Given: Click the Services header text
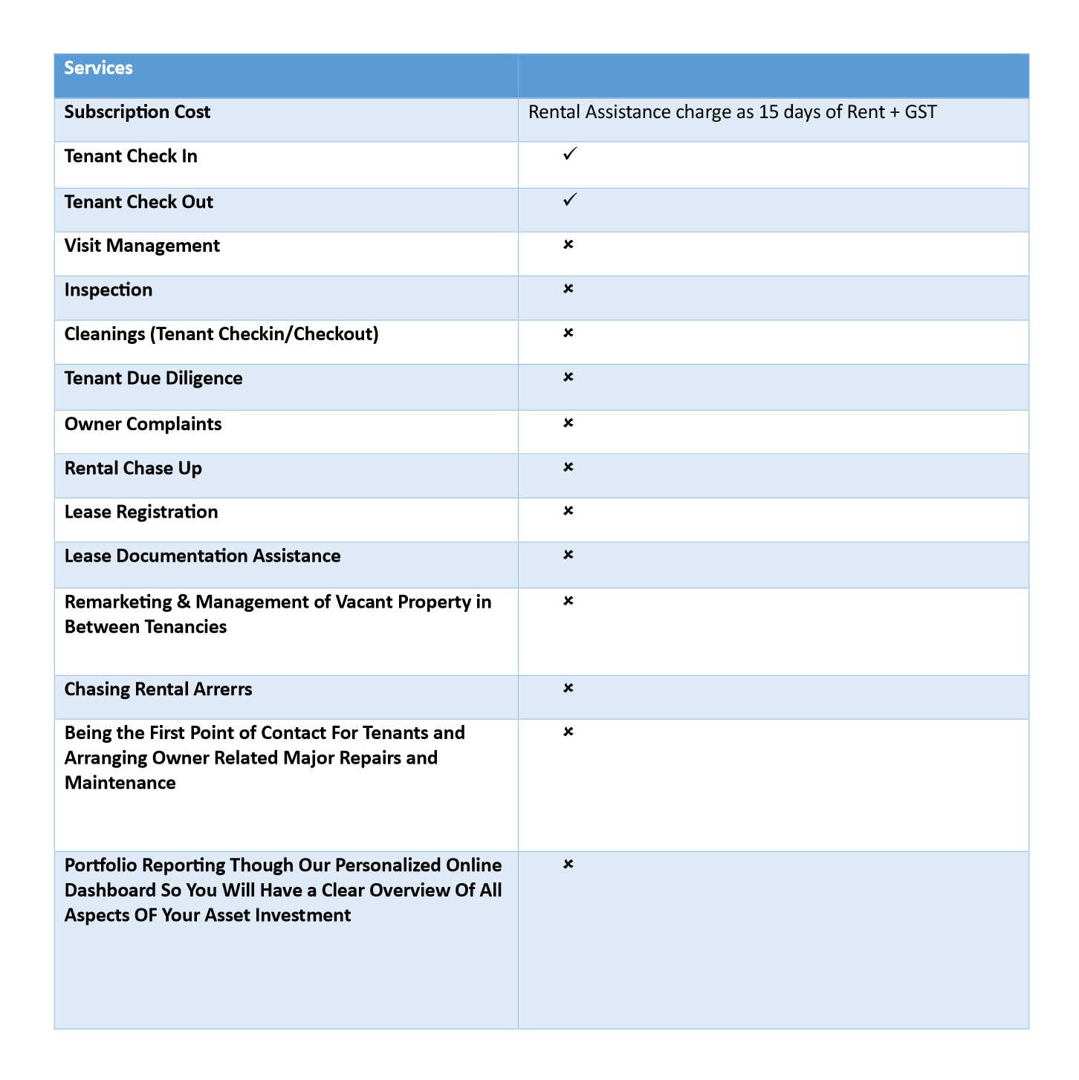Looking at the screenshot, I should pos(98,68).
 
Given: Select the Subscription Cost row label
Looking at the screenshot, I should pos(137,112).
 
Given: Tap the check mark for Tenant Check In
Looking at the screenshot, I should pos(569,154).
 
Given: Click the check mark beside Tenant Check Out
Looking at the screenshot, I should pos(569,200).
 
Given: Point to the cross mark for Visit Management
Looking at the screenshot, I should pos(568,244).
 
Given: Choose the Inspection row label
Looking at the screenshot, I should pos(108,290).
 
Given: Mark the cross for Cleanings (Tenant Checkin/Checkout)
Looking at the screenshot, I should pos(568,333).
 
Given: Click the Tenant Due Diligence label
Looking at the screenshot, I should pos(153,379).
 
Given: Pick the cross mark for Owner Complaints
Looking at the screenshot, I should pos(568,423).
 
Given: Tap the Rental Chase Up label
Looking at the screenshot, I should pos(133,469).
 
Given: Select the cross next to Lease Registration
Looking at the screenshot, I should pos(568,511).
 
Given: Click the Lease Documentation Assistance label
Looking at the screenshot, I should pos(202,556).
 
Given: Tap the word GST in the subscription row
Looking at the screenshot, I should pos(921,112).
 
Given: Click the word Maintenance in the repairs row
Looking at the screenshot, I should pos(120,783).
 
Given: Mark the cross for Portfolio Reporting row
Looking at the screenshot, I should pos(568,864).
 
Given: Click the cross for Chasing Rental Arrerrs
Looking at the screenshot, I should pos(568,688).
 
